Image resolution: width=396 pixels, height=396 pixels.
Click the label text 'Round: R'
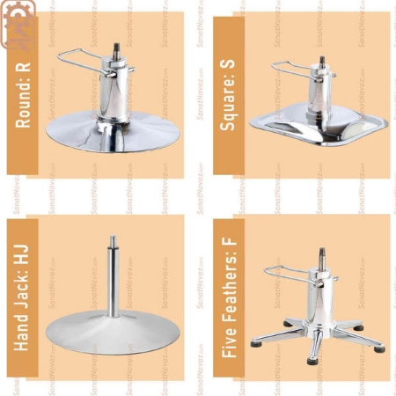coord(24,95)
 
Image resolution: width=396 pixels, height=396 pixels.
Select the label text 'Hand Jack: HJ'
coord(24,290)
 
